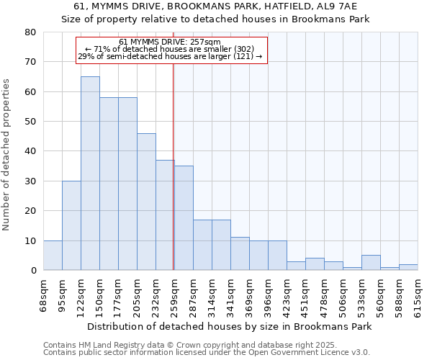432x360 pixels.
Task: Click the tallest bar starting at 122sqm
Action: tap(90, 173)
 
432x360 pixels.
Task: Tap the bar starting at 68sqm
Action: tap(53, 256)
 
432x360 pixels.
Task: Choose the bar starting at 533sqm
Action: tap(371, 263)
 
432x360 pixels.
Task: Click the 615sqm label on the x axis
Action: tap(418, 294)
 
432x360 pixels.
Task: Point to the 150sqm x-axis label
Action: tap(99, 294)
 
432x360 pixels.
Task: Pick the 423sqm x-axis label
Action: tap(287, 294)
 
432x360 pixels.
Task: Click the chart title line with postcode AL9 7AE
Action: tap(216, 6)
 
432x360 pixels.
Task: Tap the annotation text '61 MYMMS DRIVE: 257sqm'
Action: tap(170, 42)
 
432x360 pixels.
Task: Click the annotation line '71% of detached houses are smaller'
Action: tap(170, 49)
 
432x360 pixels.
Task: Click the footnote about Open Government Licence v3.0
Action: tap(207, 352)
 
